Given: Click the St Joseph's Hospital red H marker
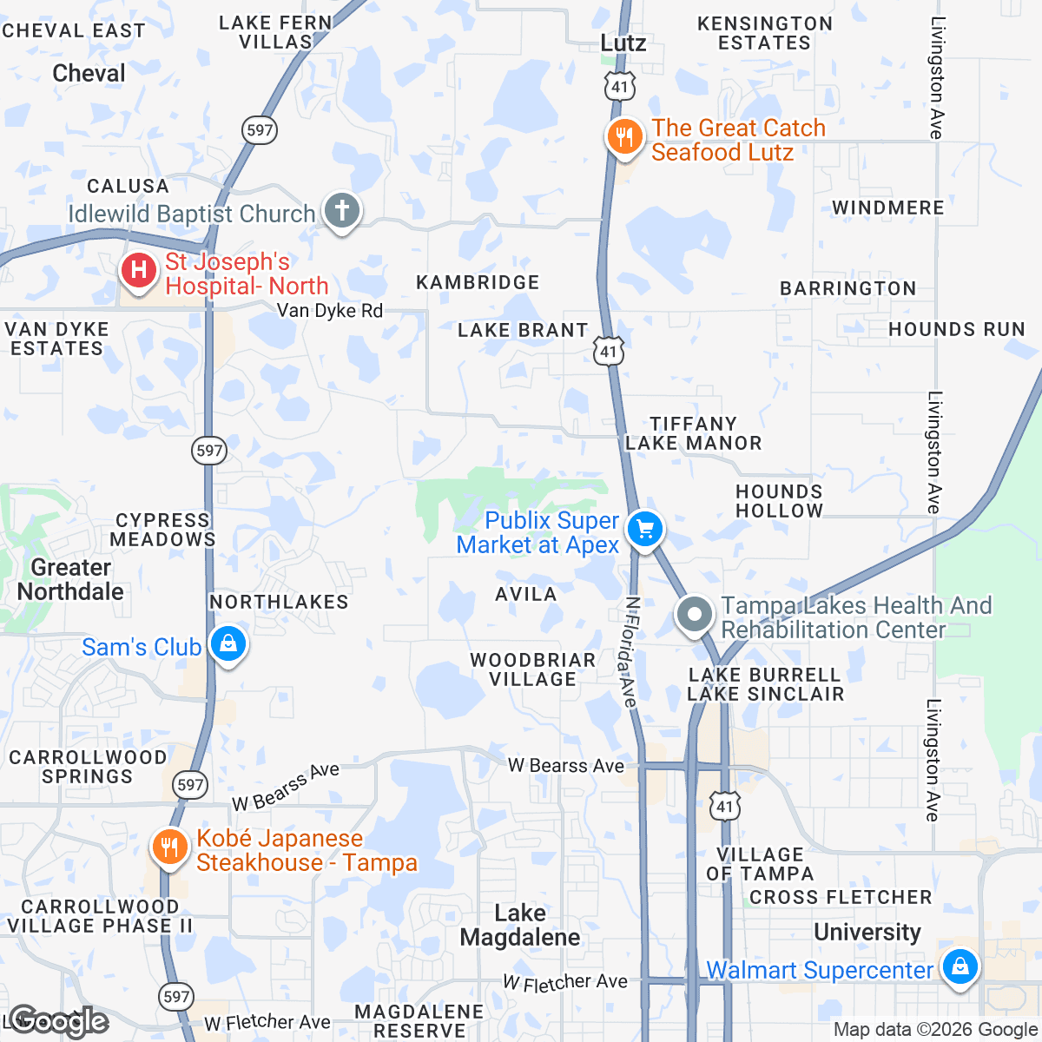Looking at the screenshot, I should [x=139, y=270].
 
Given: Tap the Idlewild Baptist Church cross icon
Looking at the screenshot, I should [x=342, y=210].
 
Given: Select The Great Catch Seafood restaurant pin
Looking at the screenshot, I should [x=623, y=137].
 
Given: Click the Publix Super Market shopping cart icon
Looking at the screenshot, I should [x=644, y=529].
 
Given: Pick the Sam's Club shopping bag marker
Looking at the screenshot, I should [x=228, y=644].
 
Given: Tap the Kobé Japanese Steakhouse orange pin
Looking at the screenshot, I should [x=169, y=847].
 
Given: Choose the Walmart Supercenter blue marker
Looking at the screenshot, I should [x=960, y=966].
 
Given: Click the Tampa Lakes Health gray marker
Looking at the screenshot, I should [x=695, y=616].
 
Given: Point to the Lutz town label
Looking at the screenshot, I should [x=623, y=43].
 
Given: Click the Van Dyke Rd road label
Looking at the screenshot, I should [x=330, y=311].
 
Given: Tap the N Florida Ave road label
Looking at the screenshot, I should [x=631, y=651].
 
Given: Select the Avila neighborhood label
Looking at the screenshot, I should [x=525, y=594].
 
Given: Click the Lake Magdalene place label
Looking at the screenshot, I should [x=520, y=925].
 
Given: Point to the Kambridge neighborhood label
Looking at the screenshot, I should [x=478, y=282].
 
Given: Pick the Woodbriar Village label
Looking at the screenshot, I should [x=533, y=669].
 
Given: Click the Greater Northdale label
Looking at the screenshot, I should [x=71, y=579].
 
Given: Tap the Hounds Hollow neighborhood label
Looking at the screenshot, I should [x=779, y=501].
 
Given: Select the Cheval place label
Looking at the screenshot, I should [x=89, y=73].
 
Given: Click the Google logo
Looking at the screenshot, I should [x=58, y=1021].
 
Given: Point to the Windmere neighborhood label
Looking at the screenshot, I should [x=887, y=208].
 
